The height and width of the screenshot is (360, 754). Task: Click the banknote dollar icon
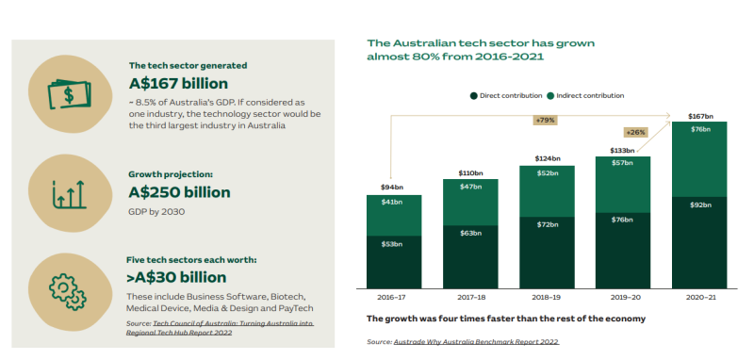click(69, 94)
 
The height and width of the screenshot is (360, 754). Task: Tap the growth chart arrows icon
click(69, 195)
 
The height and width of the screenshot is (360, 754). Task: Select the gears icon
click(68, 292)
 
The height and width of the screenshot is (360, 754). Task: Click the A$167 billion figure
click(178, 84)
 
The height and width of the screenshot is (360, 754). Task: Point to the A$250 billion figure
click(179, 192)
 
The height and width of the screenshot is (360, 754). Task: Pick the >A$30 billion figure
click(176, 277)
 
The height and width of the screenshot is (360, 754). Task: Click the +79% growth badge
click(545, 121)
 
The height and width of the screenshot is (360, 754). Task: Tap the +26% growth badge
click(635, 132)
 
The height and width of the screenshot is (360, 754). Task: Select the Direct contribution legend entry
click(506, 95)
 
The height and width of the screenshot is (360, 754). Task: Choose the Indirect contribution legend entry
click(585, 95)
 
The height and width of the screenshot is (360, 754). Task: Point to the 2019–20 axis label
click(623, 298)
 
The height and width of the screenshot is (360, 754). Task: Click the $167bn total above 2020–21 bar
click(699, 116)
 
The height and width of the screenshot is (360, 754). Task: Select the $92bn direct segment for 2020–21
click(699, 243)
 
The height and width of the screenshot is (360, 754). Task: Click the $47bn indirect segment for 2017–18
click(470, 203)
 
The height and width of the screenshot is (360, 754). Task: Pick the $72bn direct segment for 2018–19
click(547, 253)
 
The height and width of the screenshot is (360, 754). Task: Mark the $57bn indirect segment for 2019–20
click(623, 185)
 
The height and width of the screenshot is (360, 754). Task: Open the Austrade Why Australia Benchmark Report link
click(476, 342)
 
